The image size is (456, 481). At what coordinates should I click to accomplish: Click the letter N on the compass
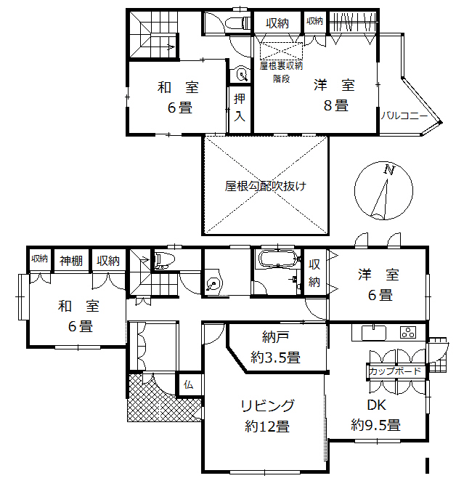click(x=389, y=171)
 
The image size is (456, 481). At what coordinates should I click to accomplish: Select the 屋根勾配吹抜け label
click(x=265, y=186)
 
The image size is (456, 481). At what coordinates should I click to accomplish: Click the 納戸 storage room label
click(x=276, y=337)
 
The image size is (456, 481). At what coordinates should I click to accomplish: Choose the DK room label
click(x=375, y=405)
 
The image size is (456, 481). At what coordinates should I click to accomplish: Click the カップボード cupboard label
click(x=394, y=371)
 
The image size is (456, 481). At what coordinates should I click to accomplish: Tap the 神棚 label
click(x=71, y=259)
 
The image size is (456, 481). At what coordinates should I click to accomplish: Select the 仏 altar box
click(x=188, y=384)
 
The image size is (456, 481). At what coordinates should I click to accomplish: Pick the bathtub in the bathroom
click(x=276, y=259)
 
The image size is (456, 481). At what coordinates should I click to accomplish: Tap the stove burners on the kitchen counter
click(x=408, y=334)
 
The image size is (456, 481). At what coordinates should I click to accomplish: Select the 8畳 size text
click(x=335, y=105)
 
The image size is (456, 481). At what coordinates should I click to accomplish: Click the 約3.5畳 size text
click(x=276, y=357)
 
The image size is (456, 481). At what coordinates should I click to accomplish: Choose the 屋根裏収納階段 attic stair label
click(x=281, y=71)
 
